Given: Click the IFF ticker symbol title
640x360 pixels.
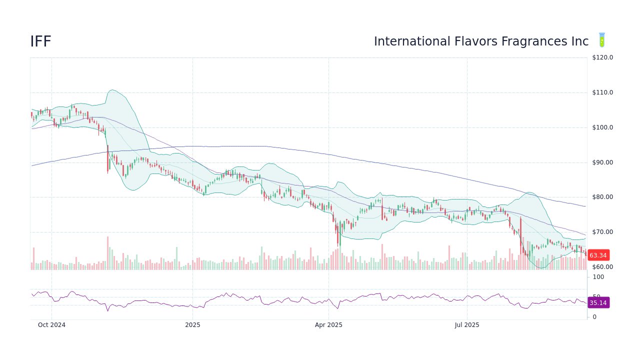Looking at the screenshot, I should click(x=40, y=42).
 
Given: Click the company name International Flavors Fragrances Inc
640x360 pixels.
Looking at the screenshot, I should click(x=481, y=42).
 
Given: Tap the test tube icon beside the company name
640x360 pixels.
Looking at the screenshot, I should click(x=602, y=40).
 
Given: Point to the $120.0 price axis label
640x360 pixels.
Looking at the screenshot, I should click(x=602, y=57).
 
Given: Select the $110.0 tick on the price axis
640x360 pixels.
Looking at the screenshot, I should click(x=602, y=92).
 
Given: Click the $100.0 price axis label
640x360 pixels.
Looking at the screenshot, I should click(x=602, y=127).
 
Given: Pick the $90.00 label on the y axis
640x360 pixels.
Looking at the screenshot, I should click(x=602, y=162).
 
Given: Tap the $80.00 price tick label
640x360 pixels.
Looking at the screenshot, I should click(x=602, y=197).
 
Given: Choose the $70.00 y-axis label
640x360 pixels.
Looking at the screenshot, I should click(x=602, y=232).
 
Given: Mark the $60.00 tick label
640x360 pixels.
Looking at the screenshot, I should click(x=602, y=267).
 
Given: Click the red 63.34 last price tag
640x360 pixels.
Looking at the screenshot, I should click(x=598, y=255).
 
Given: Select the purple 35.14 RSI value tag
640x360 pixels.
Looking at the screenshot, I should click(x=598, y=302).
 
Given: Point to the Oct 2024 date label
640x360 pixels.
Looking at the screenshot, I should click(x=51, y=325).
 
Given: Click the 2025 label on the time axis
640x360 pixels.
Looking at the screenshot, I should click(x=192, y=325).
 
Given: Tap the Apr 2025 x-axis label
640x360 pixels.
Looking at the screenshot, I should click(x=328, y=325).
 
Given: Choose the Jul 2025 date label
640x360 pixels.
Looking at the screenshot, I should click(x=467, y=325).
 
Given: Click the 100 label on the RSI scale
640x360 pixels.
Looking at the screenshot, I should click(x=598, y=277).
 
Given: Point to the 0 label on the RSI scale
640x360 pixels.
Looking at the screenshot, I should click(x=594, y=317).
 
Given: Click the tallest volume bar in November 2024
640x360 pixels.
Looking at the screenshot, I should click(x=107, y=253).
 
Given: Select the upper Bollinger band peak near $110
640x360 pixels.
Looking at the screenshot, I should click(x=112, y=90).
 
